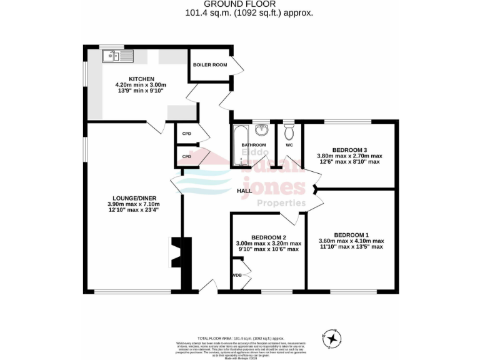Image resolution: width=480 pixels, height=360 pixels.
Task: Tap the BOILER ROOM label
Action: pos(210,64)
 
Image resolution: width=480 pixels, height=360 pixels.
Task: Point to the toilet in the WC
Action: pos(289,133)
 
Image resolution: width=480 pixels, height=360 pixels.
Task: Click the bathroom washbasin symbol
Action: pos(261,130)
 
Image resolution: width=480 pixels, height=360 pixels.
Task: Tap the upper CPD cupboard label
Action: pos(186,134)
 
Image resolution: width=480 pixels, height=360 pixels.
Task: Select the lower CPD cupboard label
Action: pos(186,156)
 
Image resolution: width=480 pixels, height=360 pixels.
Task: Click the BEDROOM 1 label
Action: pos(351,234)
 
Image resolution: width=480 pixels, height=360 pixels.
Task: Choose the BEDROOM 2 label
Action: pos(268,237)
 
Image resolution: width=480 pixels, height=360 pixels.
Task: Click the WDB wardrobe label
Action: pos(237,275)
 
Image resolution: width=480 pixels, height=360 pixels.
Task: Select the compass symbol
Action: pos(332,338)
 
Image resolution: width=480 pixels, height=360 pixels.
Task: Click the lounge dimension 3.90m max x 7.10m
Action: pos(134,204)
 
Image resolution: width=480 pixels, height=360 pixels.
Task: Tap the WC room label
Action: pos(289,145)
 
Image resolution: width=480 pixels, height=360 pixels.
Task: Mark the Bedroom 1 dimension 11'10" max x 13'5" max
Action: pos(351,246)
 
